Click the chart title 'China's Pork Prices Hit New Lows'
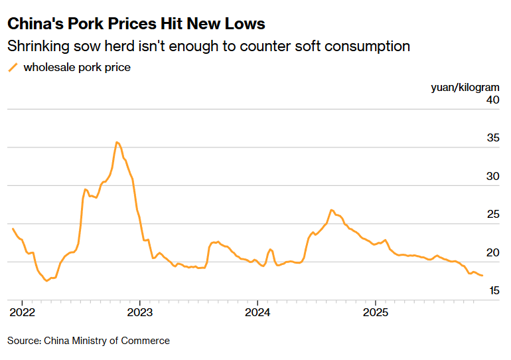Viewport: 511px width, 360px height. [x=136, y=24]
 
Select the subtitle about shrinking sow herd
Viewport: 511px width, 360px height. [x=208, y=46]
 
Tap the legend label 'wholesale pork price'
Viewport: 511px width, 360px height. [x=77, y=67]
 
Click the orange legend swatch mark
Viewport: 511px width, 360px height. [x=13, y=67]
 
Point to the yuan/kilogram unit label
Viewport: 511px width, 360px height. [x=465, y=87]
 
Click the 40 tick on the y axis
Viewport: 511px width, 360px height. [x=492, y=100]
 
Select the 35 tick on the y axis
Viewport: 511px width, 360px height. [x=492, y=139]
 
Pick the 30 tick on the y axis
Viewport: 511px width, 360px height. [x=492, y=177]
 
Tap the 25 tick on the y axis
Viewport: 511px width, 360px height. [x=492, y=215]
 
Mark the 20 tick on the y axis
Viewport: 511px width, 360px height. [x=492, y=253]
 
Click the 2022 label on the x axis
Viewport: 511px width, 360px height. [x=21, y=312]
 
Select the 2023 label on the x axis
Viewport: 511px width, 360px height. [x=139, y=312]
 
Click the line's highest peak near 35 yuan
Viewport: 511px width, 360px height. [x=117, y=142]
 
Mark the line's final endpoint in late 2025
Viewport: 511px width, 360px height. [x=482, y=275]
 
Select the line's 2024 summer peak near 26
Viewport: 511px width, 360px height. [x=331, y=210]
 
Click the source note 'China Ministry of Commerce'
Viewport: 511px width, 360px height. [x=107, y=341]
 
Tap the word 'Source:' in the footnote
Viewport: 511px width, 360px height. [x=25, y=341]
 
